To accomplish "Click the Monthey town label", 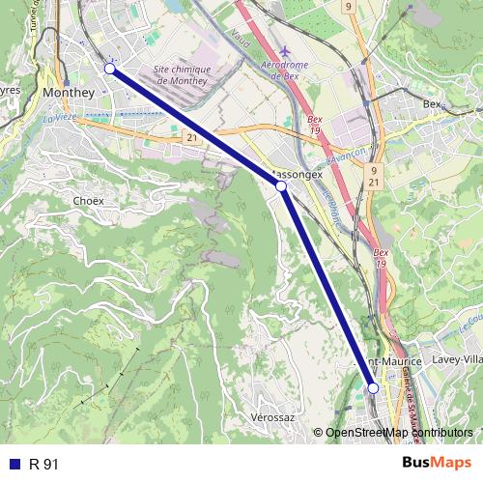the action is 68,92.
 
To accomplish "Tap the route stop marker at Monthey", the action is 110,69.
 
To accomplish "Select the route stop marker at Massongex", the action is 281,185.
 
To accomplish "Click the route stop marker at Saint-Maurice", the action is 373,387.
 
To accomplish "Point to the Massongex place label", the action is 299,175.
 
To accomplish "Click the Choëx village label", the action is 88,200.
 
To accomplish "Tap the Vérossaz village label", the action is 271,416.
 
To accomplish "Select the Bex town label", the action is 432,103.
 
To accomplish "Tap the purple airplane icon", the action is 284,50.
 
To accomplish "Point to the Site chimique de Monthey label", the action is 189,74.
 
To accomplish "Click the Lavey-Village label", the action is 457,359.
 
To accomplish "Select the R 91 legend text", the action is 44,465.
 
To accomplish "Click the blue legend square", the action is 14,465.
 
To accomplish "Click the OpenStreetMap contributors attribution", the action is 398,434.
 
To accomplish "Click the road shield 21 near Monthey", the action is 192,139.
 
